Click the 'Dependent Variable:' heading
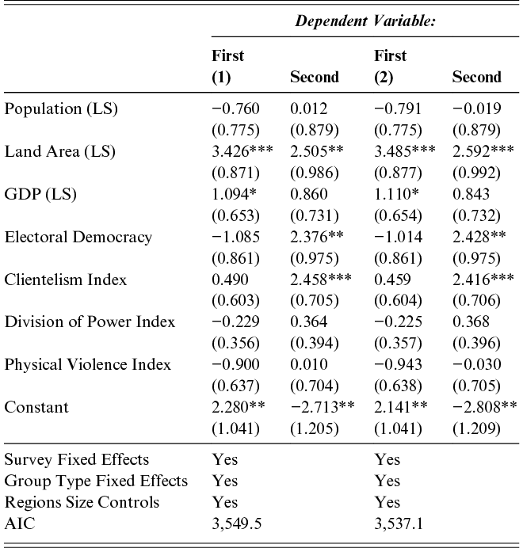[x=365, y=21]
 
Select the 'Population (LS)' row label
[x=61, y=109]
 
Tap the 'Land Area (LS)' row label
[x=59, y=152]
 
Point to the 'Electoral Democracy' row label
[x=78, y=237]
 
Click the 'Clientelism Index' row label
[x=66, y=280]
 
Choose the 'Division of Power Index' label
[x=90, y=322]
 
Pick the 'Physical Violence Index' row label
[x=87, y=364]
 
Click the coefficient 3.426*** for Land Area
[x=242, y=151]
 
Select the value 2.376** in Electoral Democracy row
[x=317, y=237]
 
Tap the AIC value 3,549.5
[x=237, y=523]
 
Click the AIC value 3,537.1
[x=399, y=523]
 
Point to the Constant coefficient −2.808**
[x=485, y=407]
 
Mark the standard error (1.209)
[x=476, y=428]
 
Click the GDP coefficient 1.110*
[x=396, y=194]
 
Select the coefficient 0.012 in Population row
[x=309, y=108]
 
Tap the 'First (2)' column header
[x=391, y=67]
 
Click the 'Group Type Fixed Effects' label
[x=96, y=481]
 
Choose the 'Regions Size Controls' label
[x=82, y=503]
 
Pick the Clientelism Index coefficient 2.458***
[x=321, y=280]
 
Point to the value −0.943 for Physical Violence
[x=398, y=364]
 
